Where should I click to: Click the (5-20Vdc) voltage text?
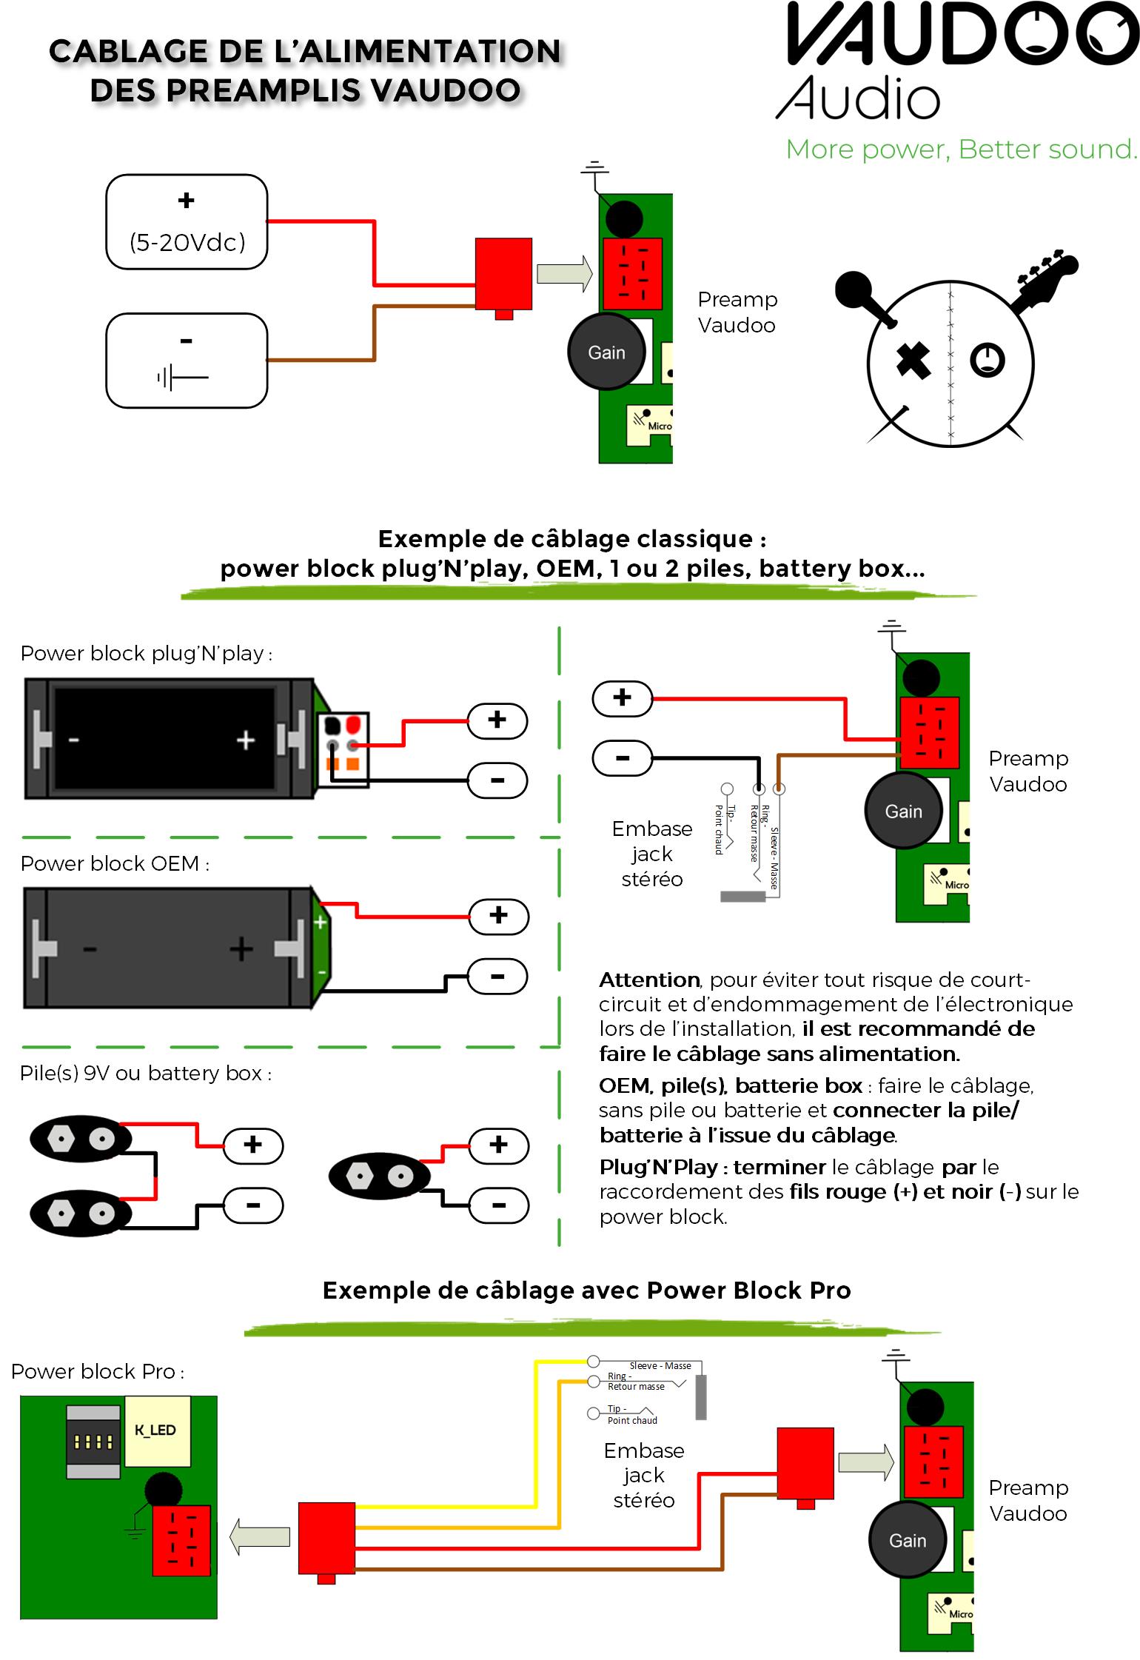187,242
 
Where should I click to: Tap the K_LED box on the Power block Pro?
156,1430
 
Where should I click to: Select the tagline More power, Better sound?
960,150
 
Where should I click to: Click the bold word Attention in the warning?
649,980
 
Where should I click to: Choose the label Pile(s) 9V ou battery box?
145,1073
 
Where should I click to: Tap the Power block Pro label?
97,1371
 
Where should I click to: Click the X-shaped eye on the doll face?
913,361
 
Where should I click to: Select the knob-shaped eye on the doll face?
988,361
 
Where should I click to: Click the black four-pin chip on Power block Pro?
93,1441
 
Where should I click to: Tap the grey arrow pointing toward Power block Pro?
260,1536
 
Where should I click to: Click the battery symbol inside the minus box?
182,378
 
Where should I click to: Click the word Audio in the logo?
859,98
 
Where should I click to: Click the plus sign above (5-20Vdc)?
187,200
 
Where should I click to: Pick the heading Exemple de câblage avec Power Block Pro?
586,1291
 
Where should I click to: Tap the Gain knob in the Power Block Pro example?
907,1540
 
